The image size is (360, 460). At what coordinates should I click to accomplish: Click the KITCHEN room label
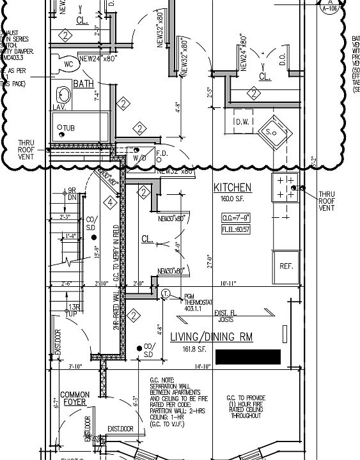click(232, 187)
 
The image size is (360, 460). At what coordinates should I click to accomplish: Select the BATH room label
click(83, 84)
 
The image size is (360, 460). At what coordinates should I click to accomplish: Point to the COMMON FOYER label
click(75, 398)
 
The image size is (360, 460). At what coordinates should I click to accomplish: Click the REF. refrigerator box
click(285, 265)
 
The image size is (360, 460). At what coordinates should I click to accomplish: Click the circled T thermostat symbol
click(166, 294)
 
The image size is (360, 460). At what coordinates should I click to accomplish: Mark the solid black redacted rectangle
click(248, 356)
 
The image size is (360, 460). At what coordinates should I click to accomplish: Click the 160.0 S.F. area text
click(232, 199)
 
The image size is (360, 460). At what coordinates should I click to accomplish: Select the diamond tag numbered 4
click(111, 203)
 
